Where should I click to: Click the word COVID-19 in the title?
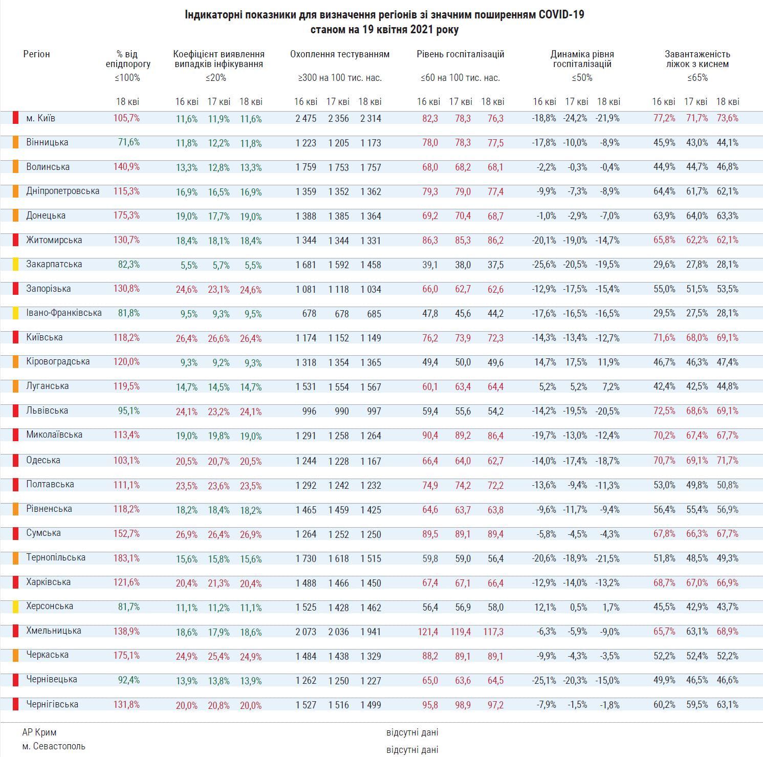[x=561, y=15]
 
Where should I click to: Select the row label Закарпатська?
[x=54, y=264]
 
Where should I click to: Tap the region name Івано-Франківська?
[x=64, y=313]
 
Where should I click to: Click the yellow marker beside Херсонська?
[x=16, y=607]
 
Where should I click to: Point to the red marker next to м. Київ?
[x=16, y=118]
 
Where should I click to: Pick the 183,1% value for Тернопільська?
[x=126, y=558]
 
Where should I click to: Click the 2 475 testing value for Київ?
[x=306, y=119]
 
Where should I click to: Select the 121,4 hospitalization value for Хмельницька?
[x=428, y=632]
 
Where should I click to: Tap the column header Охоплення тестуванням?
[x=340, y=54]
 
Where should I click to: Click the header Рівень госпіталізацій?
[x=461, y=54]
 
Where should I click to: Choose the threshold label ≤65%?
[x=697, y=78]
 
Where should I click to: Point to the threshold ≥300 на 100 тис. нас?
[x=340, y=78]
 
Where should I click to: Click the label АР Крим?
[x=39, y=732]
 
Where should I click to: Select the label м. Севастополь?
[x=54, y=746]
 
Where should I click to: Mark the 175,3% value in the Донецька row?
[x=126, y=215]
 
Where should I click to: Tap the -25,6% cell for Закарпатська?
[x=544, y=265]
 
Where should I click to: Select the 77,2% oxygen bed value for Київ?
[x=664, y=118]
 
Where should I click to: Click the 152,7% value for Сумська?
[x=126, y=533]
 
